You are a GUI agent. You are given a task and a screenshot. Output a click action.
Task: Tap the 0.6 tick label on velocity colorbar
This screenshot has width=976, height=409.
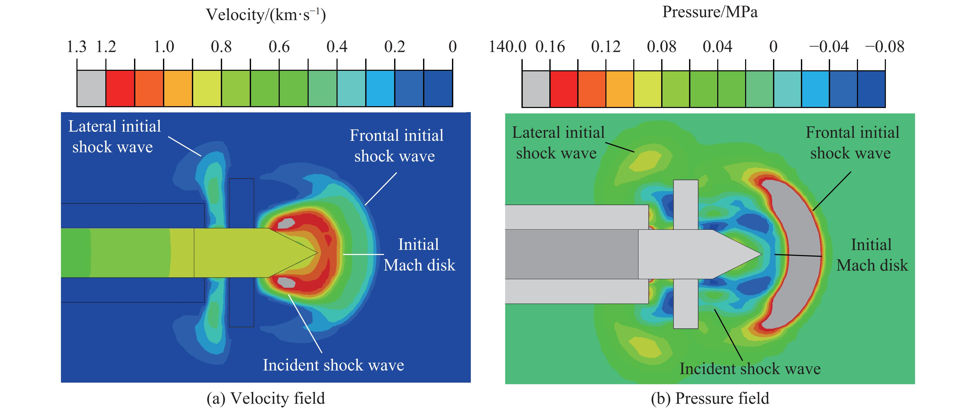tap(279, 47)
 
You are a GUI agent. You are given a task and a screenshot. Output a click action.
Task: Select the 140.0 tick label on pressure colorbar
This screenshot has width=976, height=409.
tap(507, 47)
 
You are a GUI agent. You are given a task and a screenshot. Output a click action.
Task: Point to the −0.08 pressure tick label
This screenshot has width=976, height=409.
tap(884, 47)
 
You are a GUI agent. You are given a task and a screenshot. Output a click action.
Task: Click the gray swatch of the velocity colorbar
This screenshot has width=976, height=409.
tap(91, 88)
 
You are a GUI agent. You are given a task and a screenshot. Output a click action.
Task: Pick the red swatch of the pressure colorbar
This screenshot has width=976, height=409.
tap(564, 89)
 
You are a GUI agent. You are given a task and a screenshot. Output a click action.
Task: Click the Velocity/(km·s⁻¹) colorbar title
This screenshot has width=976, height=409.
tap(266, 15)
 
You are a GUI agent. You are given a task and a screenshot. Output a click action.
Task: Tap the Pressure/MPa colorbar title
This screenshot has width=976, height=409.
tap(710, 12)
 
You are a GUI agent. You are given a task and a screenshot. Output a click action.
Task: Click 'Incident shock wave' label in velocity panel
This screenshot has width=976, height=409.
tap(333, 365)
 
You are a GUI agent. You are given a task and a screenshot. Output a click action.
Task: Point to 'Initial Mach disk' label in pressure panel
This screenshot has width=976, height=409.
tap(872, 255)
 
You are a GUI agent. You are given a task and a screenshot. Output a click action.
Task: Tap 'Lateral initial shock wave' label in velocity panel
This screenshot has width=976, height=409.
tap(114, 136)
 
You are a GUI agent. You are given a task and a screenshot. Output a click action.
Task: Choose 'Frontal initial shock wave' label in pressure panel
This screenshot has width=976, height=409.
tap(852, 143)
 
